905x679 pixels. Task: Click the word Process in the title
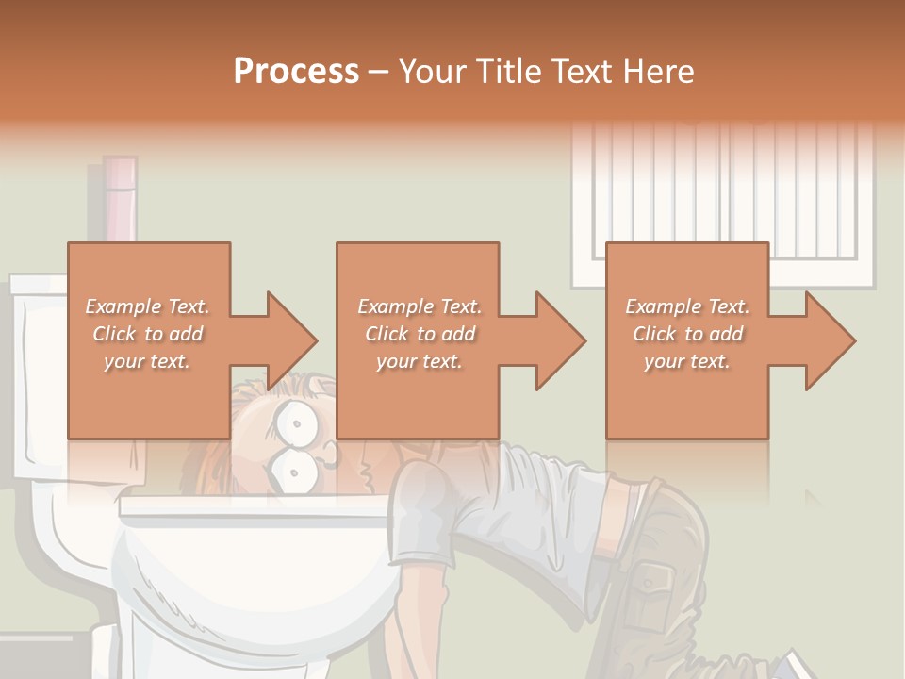point(296,71)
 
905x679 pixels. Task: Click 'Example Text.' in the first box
point(147,306)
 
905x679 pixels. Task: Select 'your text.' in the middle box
point(419,361)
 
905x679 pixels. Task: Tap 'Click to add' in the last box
point(688,334)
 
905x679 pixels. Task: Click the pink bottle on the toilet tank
point(121,198)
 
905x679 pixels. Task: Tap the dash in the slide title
point(378,72)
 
